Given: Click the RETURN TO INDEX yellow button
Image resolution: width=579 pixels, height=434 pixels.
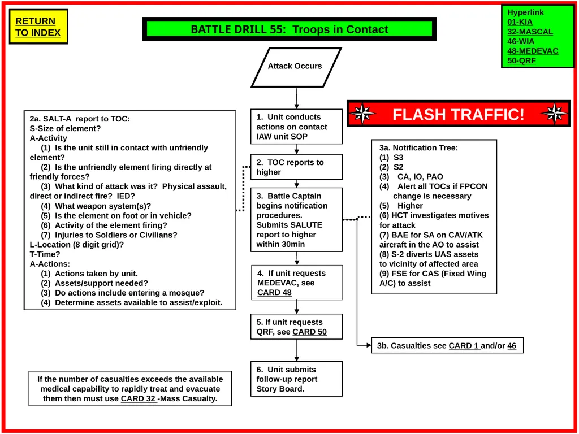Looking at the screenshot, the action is coord(38,27).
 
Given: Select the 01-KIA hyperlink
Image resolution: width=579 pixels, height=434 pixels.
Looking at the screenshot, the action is coord(520,22).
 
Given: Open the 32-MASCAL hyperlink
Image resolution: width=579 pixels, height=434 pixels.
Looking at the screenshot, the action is coord(530,32).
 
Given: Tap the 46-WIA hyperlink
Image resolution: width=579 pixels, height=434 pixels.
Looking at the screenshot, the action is coord(521,41).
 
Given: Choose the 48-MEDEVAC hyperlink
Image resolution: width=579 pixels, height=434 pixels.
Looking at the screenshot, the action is coord(533,51).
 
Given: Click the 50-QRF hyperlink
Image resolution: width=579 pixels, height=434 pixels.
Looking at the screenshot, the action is coord(521,60).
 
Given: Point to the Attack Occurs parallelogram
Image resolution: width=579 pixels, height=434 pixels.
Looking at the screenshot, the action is coord(296,68).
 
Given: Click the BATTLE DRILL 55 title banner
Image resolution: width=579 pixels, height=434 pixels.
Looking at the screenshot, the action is coord(289,29).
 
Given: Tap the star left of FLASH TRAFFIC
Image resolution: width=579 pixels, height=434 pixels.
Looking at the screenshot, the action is coord(362,114).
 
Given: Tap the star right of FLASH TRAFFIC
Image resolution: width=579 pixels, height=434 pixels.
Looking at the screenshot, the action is coord(554,114).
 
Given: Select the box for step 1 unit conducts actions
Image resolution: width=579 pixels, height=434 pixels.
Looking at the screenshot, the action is coord(296,127).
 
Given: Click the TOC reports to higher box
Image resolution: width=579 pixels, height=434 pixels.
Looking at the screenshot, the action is coord(296,167).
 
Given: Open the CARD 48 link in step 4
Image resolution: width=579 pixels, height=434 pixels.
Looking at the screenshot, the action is coord(274,293).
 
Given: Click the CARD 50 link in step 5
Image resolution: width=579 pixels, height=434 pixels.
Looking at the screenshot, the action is coord(309,332).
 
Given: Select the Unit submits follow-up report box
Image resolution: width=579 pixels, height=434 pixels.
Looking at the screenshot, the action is coord(296,379).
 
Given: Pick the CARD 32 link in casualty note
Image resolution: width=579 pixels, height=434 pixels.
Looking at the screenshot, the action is coord(138,398).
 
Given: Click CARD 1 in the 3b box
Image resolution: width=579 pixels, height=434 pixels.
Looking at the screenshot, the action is coord(464,346).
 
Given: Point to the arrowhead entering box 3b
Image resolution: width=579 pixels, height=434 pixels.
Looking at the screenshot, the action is coord(369,345).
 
